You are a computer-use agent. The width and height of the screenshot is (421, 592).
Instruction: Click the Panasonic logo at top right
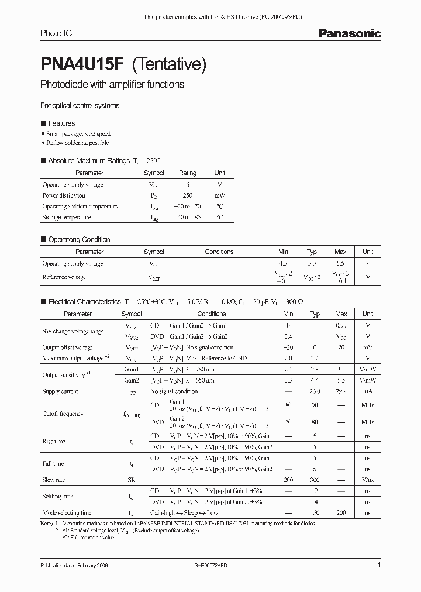349,34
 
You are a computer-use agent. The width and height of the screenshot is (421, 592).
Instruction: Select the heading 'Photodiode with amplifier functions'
112,84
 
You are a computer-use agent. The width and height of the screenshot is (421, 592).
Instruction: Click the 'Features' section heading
61,123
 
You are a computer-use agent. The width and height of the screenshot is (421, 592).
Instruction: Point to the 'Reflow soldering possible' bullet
77,143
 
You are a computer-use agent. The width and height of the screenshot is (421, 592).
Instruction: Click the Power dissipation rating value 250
188,195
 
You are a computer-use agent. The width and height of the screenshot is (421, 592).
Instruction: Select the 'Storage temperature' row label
66,217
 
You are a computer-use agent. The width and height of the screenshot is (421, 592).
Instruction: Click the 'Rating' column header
188,173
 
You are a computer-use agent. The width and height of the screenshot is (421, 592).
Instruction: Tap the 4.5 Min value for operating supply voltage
284,263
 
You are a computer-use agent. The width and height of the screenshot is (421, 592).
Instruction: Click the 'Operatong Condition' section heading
78,239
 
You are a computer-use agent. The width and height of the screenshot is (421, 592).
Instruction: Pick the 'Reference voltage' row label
64,278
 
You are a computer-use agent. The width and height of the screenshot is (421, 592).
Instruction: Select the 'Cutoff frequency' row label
63,414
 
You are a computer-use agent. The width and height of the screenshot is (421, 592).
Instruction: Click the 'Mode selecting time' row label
67,512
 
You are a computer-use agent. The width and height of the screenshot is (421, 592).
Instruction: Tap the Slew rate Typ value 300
315,480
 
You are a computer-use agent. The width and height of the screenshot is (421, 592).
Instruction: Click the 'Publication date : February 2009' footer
74,566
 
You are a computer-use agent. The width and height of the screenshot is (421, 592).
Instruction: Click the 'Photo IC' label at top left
56,34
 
